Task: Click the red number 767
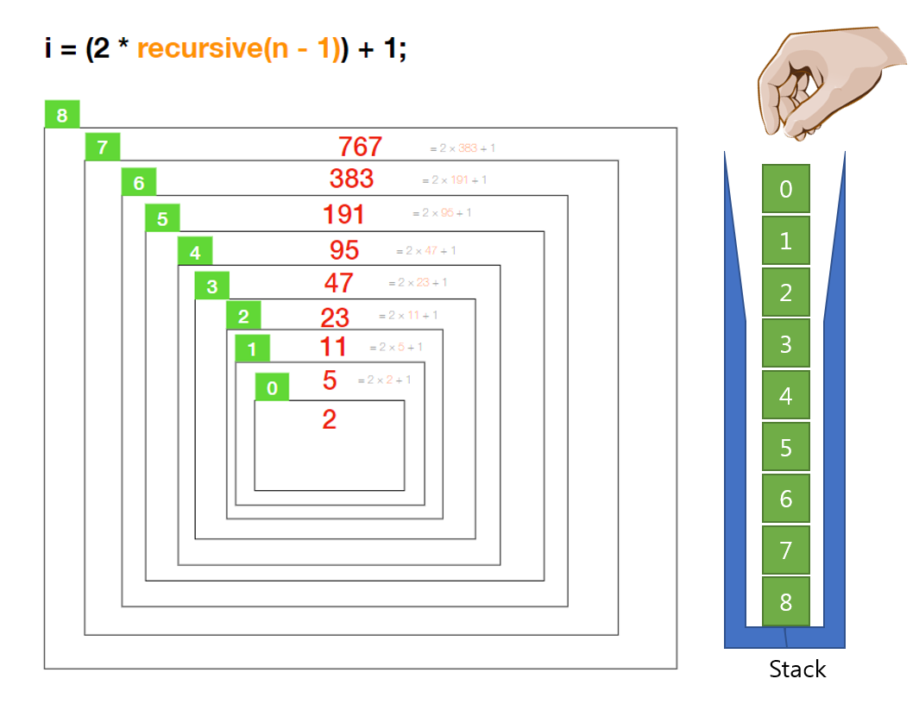point(360,147)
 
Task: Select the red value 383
point(351,179)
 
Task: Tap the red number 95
point(344,249)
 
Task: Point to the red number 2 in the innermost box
point(329,420)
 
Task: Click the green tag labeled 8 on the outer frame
point(61,115)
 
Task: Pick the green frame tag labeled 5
point(162,219)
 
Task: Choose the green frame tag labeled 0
point(272,388)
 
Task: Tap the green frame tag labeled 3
point(211,286)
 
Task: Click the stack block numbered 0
point(785,189)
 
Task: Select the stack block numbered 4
point(785,395)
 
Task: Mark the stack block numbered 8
point(785,601)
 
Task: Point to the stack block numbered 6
point(785,498)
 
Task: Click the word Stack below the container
point(797,669)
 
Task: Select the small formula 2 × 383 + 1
point(463,148)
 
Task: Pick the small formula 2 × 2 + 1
point(385,380)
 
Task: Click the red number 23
point(335,317)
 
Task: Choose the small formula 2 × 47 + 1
point(426,251)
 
